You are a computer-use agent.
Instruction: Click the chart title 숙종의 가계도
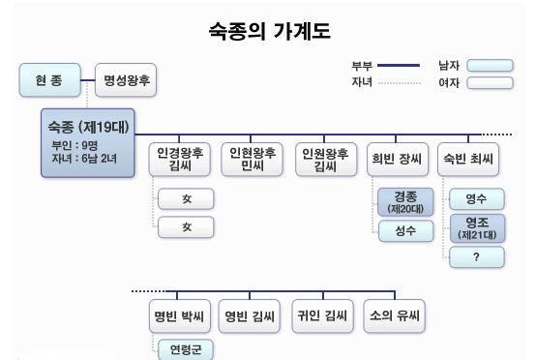(x=269, y=31)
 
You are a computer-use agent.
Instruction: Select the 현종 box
(x=50, y=80)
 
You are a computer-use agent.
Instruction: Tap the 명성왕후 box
(x=126, y=80)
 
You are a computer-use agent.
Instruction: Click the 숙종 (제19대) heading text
(x=88, y=127)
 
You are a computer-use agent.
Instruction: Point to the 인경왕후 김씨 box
(x=180, y=160)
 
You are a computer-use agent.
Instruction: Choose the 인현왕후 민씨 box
(x=253, y=160)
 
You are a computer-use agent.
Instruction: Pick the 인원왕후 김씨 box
(x=326, y=160)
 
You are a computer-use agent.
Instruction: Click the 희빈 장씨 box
(x=398, y=160)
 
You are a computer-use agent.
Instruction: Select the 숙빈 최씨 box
(x=468, y=160)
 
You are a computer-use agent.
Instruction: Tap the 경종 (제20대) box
(x=405, y=201)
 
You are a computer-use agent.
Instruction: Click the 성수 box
(x=405, y=231)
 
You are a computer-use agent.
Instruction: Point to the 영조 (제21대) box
(x=478, y=228)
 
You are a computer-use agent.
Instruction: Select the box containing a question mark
(x=477, y=257)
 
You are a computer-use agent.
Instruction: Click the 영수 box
(x=477, y=198)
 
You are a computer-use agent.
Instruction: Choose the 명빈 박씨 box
(x=180, y=316)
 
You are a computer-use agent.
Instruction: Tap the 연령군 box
(x=186, y=349)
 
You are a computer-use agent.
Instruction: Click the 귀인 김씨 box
(x=323, y=316)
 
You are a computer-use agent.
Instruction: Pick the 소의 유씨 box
(x=395, y=316)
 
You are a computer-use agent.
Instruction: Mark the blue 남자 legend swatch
(x=491, y=65)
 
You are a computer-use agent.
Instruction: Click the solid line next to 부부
(x=399, y=65)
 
